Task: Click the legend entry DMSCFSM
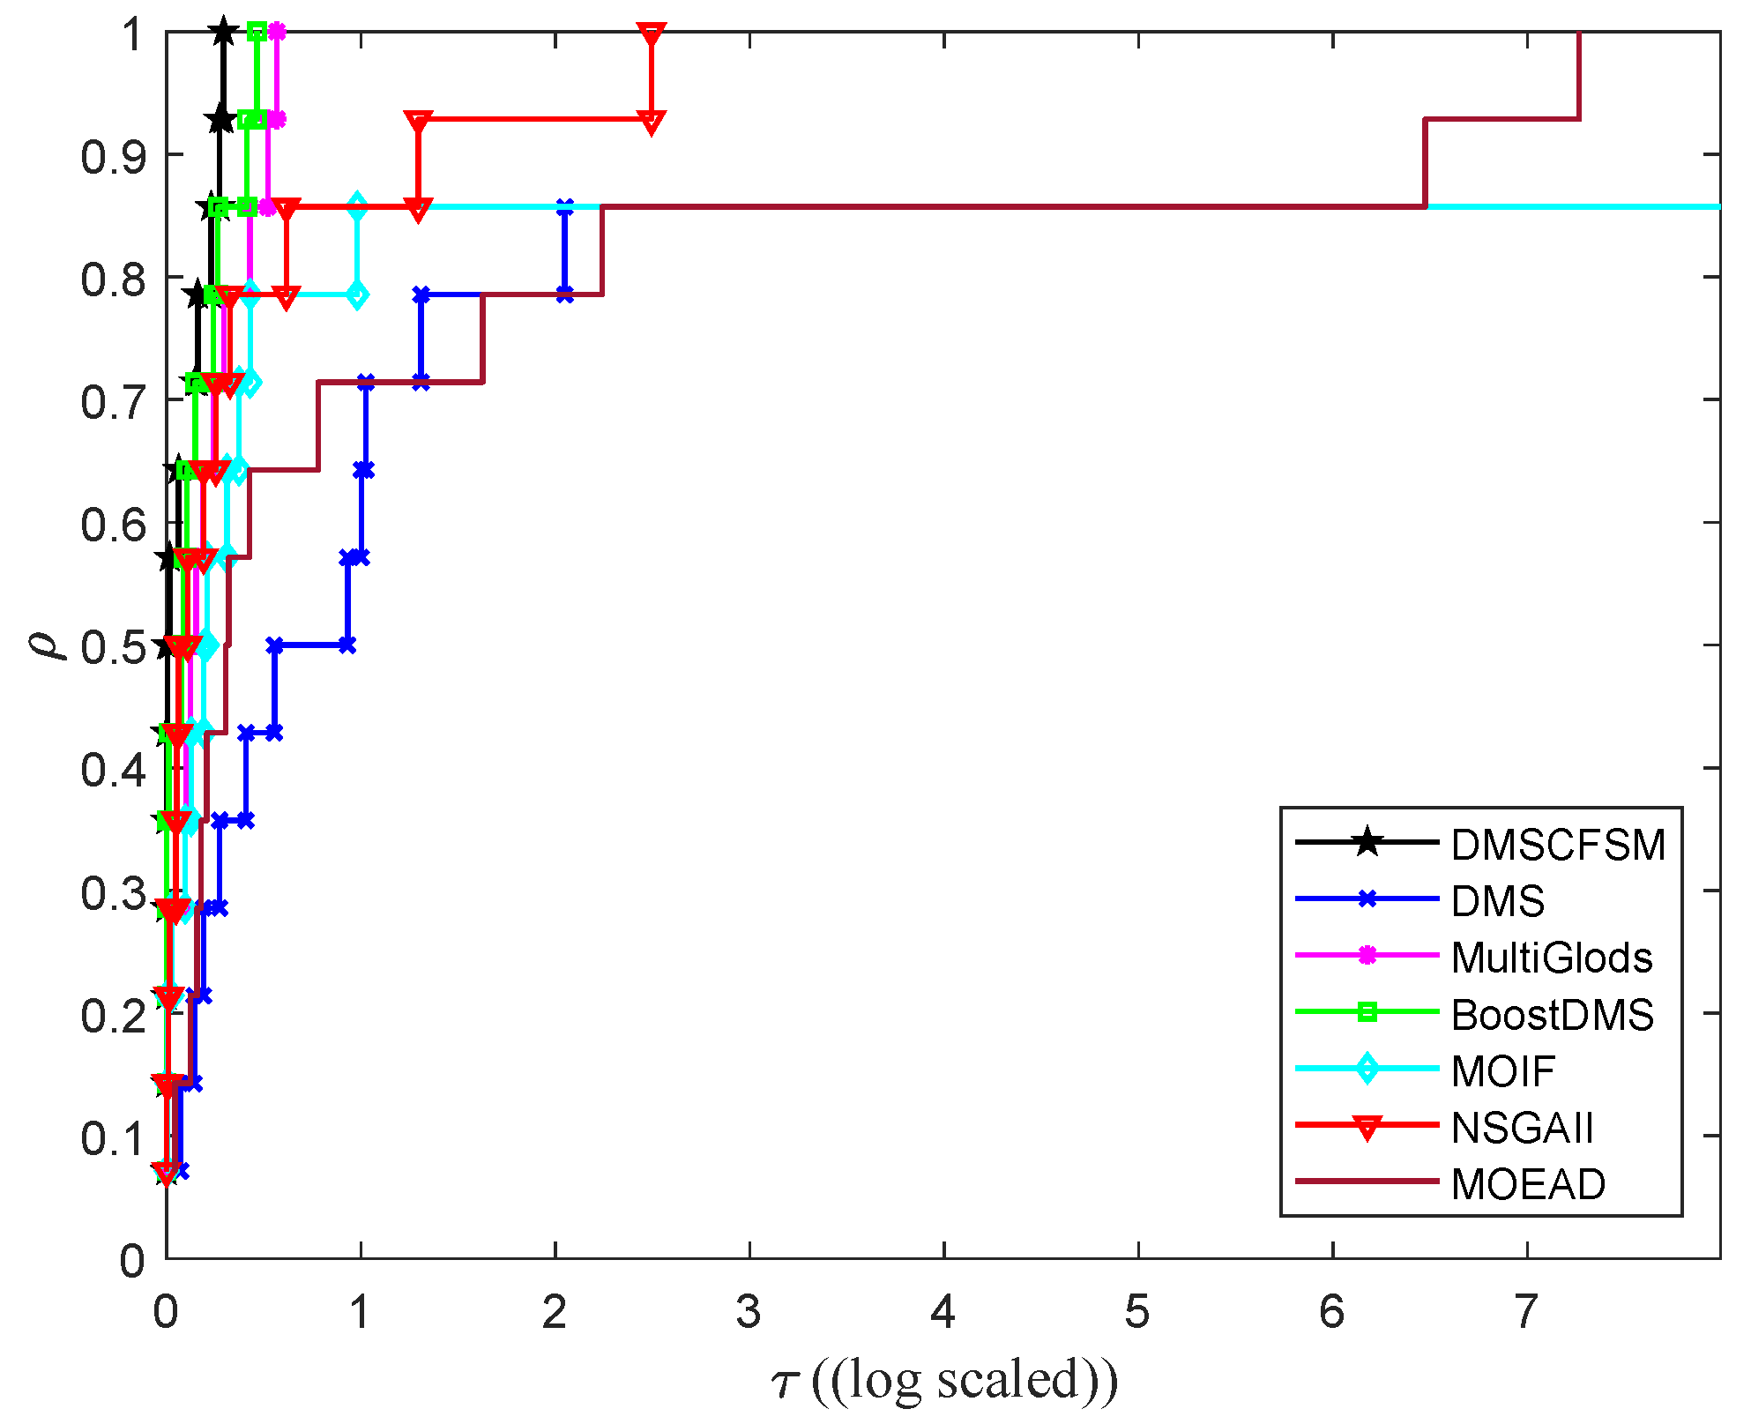coord(1558,845)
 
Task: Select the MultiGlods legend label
coord(1551,958)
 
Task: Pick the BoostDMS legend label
coord(1552,1015)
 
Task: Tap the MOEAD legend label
coord(1528,1184)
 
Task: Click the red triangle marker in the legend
coord(1367,1128)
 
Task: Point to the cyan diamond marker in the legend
coord(1367,1070)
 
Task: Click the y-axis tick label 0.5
coord(112,648)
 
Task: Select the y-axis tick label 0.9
coord(112,157)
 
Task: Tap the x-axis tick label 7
coord(1527,1312)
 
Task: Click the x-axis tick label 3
coord(749,1312)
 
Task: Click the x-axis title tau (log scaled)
coord(943,1380)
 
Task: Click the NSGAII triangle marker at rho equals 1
coord(651,34)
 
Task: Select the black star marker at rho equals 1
coord(223,32)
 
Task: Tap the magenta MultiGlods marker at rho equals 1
coord(277,32)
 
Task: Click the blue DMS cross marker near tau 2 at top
coord(564,207)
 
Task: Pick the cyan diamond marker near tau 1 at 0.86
coord(356,207)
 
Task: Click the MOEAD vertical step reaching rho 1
coord(1578,75)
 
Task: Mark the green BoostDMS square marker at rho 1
coord(257,32)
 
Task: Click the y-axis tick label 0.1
coord(112,1138)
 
